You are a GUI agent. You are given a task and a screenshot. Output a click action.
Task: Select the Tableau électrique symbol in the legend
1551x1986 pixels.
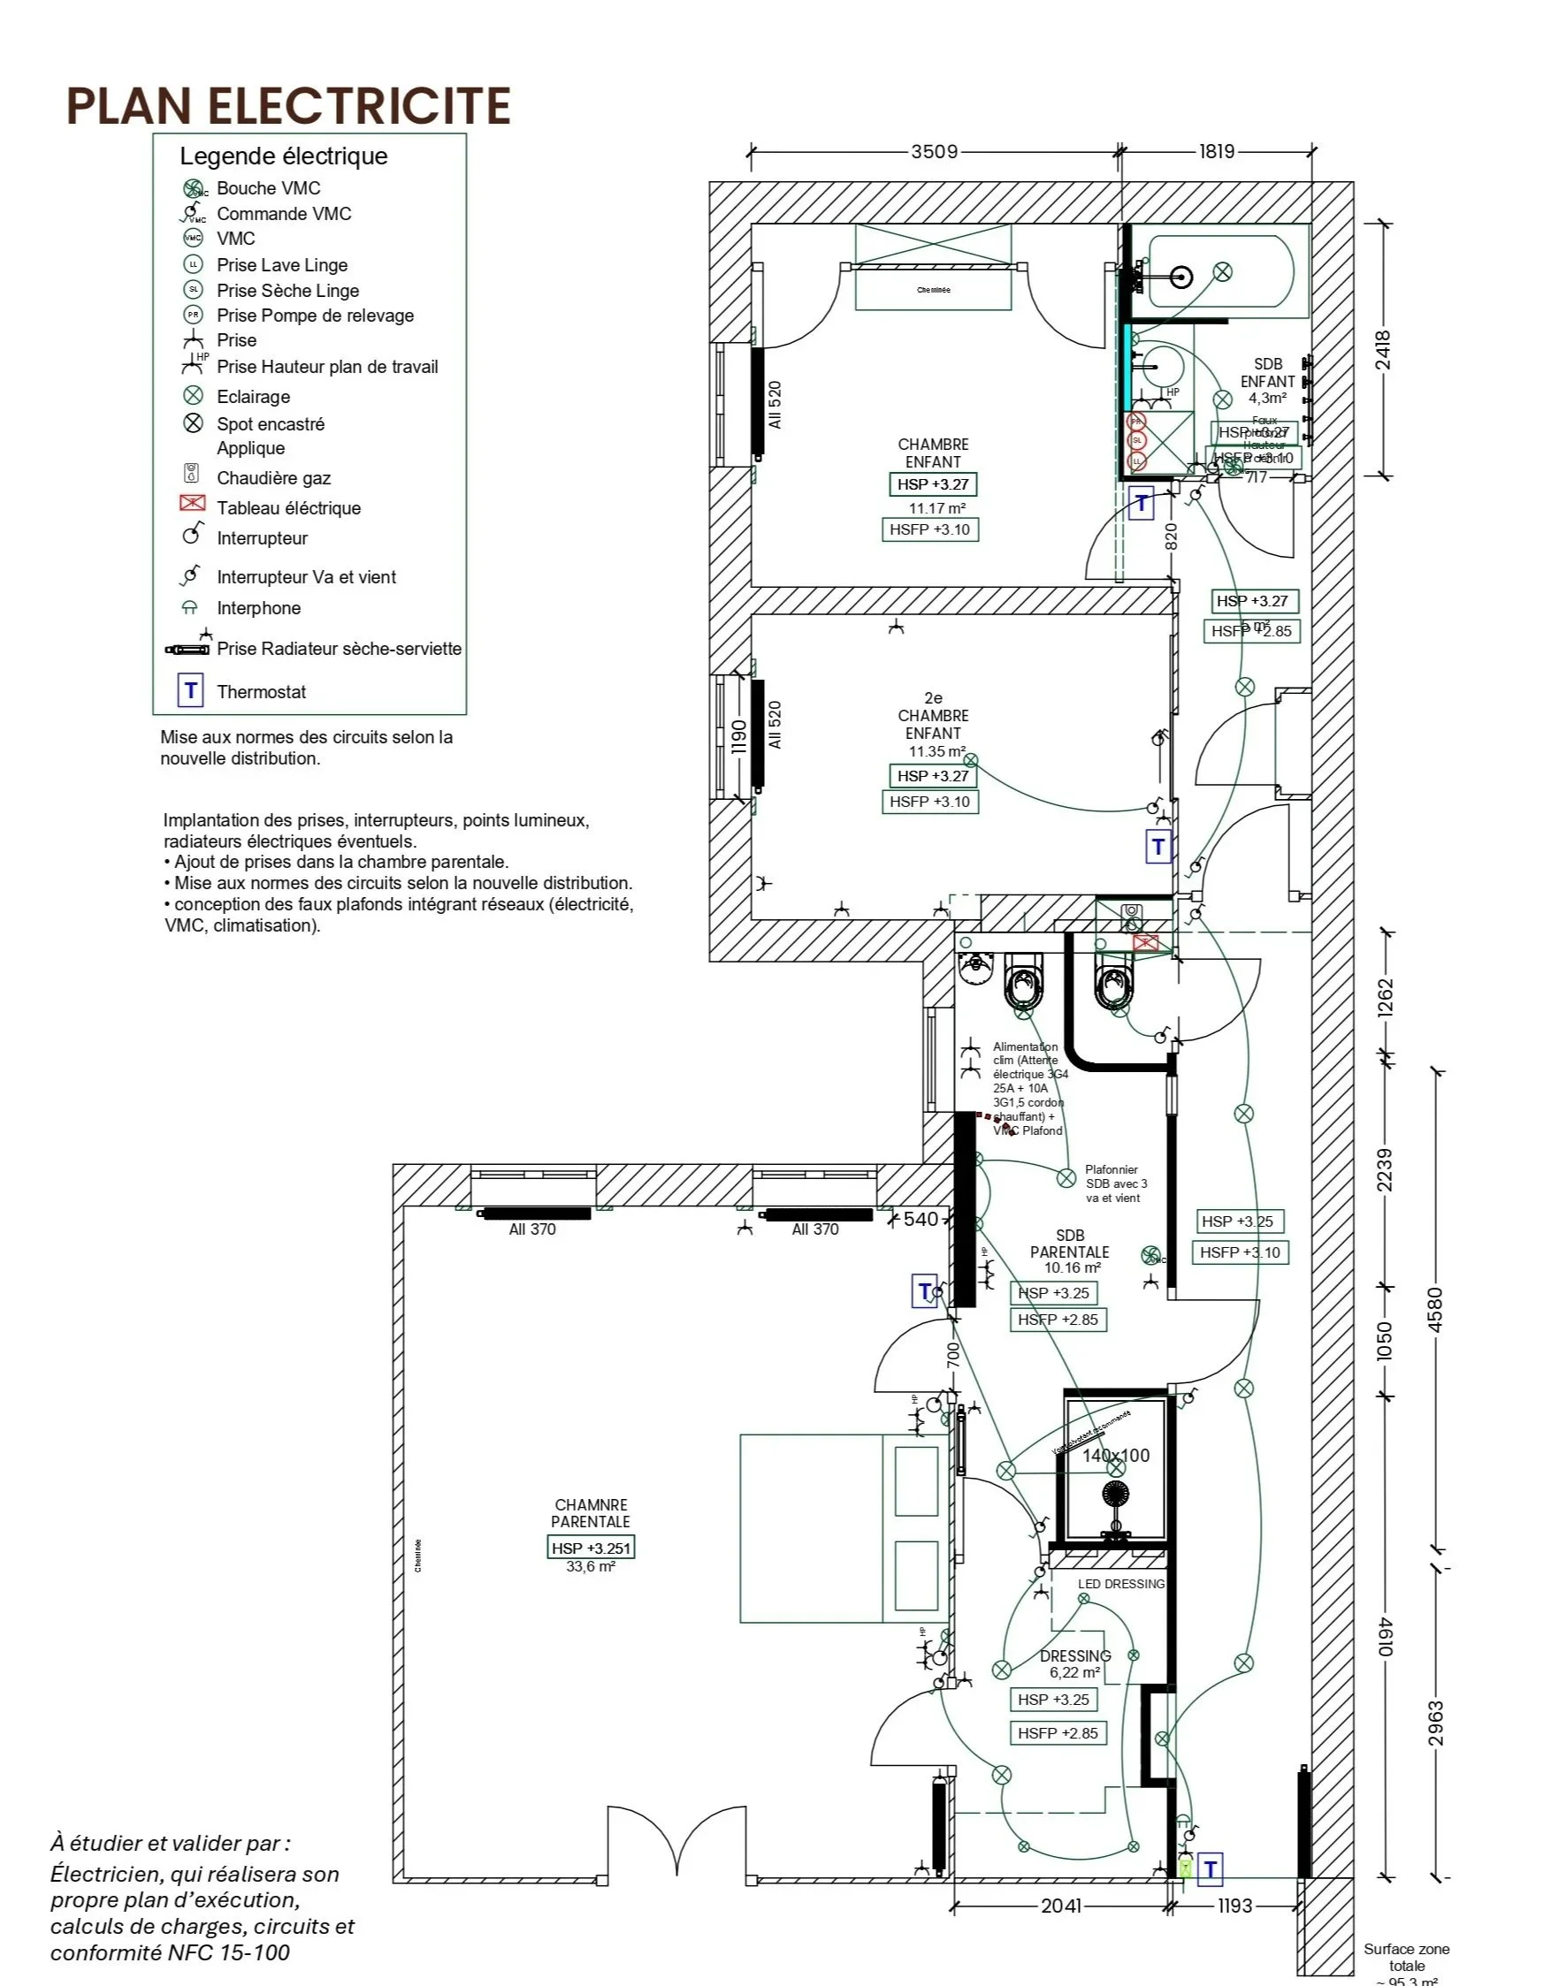click(x=193, y=504)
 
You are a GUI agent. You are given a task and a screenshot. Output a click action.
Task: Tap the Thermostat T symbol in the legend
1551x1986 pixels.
click(x=190, y=691)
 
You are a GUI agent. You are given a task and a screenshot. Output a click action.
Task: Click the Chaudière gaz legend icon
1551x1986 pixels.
click(x=192, y=474)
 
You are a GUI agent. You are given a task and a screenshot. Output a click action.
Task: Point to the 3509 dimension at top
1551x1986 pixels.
click(x=935, y=151)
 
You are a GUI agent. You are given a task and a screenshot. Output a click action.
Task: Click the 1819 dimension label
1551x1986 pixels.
click(x=1216, y=151)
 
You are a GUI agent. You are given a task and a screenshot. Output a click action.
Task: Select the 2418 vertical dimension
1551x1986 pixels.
click(x=1382, y=350)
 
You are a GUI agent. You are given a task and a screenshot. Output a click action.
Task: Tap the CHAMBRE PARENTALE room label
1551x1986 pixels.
click(x=591, y=1513)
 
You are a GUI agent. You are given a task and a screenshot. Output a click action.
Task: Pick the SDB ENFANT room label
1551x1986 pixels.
click(x=1267, y=373)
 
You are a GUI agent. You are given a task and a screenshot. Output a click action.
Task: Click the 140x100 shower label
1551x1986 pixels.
click(x=1115, y=1455)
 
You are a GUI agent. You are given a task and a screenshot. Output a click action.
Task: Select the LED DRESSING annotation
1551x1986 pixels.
click(x=1120, y=1584)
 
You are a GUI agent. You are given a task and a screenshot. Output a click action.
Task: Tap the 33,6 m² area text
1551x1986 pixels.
click(x=591, y=1567)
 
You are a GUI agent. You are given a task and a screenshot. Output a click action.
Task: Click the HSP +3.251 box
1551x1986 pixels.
click(x=591, y=1548)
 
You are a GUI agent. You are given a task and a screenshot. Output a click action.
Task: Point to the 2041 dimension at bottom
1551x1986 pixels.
click(x=1061, y=1905)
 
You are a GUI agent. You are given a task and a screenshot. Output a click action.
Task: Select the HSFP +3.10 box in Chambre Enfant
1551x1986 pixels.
click(x=929, y=529)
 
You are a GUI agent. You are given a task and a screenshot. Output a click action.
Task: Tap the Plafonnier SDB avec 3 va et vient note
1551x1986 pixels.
click(x=1115, y=1184)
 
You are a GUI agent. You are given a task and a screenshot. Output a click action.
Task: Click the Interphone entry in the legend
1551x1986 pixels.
click(x=258, y=608)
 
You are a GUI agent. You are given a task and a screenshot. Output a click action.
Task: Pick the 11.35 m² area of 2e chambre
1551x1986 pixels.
click(x=937, y=751)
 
